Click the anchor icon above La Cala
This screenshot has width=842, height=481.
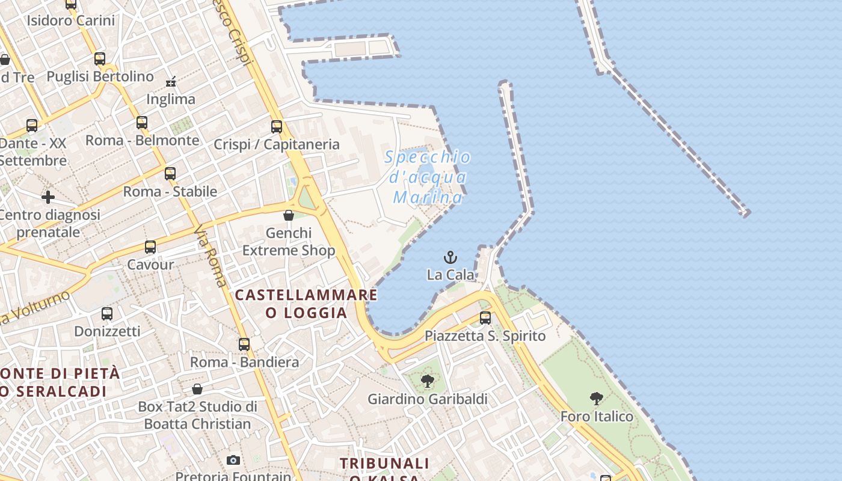[x=450, y=258]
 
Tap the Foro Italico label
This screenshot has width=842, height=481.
[x=597, y=416]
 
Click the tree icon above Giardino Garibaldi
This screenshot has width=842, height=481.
[x=428, y=381]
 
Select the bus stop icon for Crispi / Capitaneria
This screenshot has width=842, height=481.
[x=277, y=127]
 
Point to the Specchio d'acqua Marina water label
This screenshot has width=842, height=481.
[x=428, y=177]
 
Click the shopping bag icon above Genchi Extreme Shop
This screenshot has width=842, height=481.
[x=289, y=215]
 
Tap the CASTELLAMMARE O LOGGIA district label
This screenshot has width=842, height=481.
[x=306, y=304]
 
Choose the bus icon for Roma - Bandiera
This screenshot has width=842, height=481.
[x=244, y=345]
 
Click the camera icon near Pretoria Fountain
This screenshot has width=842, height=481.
[x=233, y=461]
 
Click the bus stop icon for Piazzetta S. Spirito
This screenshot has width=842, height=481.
[x=485, y=318]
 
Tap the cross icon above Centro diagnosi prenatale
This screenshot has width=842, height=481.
[x=48, y=197]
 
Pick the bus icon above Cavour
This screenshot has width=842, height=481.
[x=150, y=247]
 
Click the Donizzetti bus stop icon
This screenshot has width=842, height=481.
[x=107, y=314]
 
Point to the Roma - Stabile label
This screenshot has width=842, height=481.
[x=170, y=191]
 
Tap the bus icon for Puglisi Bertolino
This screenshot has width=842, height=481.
[x=100, y=59]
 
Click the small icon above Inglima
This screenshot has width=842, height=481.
[x=171, y=81]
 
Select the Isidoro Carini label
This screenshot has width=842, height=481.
[x=70, y=20]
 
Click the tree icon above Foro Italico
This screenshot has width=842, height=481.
[x=597, y=398]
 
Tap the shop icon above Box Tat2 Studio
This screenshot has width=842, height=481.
[x=197, y=389]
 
